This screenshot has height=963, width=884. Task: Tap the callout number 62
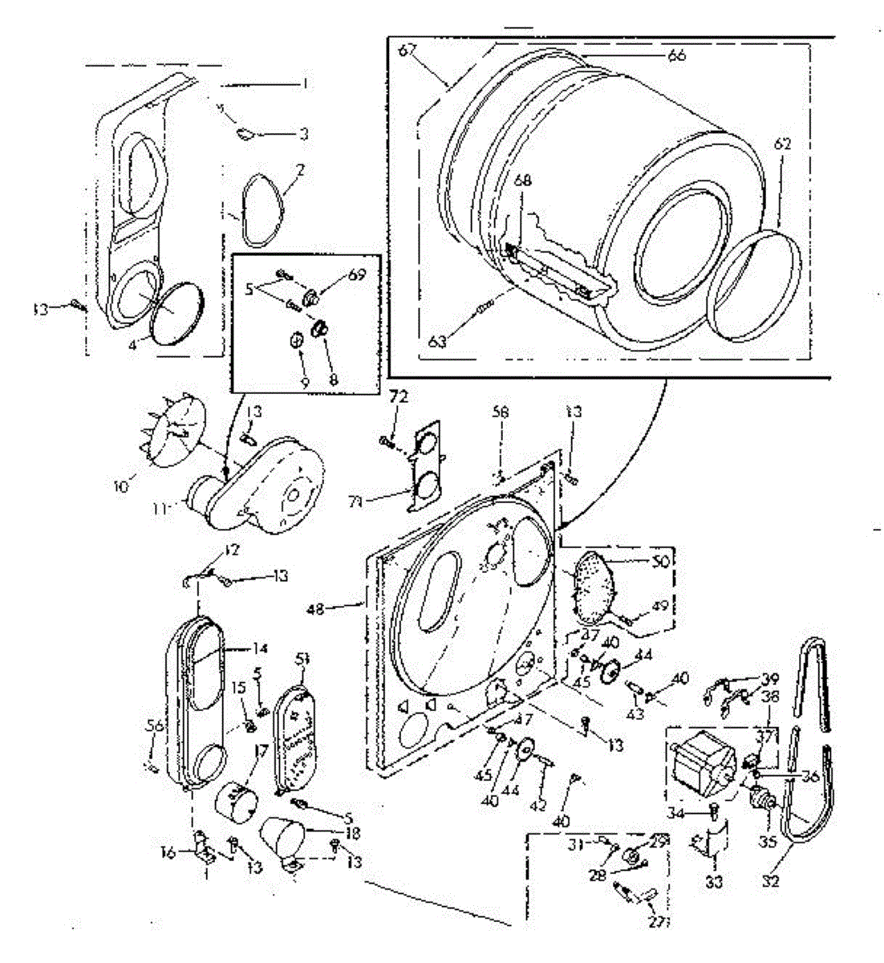783,144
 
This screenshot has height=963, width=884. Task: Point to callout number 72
399,396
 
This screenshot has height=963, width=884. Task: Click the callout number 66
676,55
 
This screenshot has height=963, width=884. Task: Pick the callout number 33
715,882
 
